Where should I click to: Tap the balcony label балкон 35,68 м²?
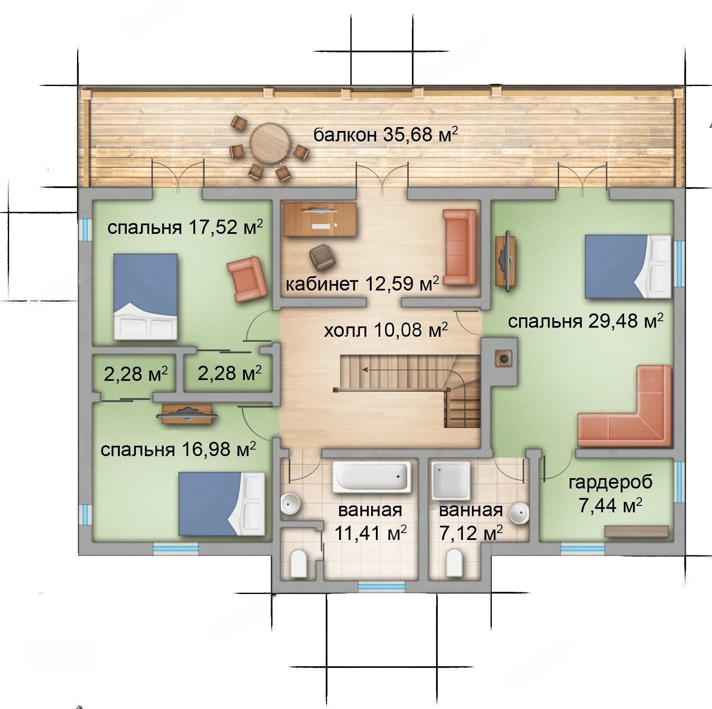click(x=385, y=134)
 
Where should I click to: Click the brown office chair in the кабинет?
click(x=322, y=256)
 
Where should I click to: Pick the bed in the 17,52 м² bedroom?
click(x=146, y=296)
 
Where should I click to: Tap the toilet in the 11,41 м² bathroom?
click(x=298, y=563)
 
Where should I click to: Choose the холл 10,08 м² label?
click(x=386, y=331)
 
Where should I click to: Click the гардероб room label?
click(x=610, y=482)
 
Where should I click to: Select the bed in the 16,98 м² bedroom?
click(x=221, y=504)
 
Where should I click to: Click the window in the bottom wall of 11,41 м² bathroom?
click(x=382, y=587)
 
